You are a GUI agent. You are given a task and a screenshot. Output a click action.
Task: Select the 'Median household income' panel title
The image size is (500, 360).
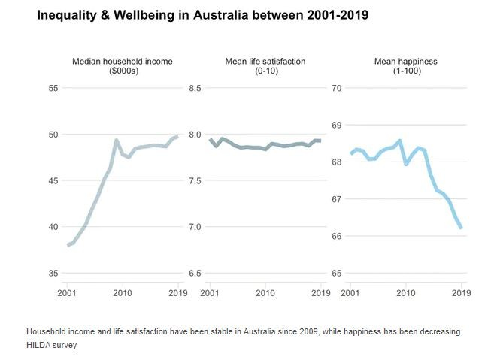click(x=123, y=66)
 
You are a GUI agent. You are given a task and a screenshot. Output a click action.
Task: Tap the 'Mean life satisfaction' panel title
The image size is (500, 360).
click(x=265, y=66)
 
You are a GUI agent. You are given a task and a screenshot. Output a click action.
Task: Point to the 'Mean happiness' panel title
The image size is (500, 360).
click(x=405, y=66)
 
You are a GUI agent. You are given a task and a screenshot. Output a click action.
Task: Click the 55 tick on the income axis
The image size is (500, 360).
click(x=53, y=89)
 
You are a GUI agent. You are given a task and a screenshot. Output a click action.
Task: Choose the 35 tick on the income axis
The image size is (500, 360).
click(x=53, y=274)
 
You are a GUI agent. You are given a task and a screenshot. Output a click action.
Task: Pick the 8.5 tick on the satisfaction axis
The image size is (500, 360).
click(x=194, y=89)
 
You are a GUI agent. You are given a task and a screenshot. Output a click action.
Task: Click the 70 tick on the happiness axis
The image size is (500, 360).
click(x=337, y=89)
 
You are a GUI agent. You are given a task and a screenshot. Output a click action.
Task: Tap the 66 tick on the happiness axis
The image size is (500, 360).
click(x=337, y=236)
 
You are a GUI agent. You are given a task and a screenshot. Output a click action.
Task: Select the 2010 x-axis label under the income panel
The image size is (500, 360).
click(x=123, y=293)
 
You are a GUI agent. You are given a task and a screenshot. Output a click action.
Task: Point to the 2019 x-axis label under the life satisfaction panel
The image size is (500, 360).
click(x=320, y=293)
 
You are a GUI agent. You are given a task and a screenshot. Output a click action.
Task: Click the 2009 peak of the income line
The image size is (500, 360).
click(x=117, y=140)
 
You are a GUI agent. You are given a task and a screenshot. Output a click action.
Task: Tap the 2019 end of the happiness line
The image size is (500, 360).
click(x=461, y=228)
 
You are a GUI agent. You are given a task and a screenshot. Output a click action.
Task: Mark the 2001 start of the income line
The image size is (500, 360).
click(x=68, y=245)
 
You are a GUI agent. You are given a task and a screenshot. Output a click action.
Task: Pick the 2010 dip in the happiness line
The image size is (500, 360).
click(x=406, y=164)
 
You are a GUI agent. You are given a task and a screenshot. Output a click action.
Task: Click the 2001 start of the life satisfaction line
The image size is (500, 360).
click(x=211, y=139)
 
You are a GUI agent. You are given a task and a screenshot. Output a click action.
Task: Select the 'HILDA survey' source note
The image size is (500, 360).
click(x=51, y=346)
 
